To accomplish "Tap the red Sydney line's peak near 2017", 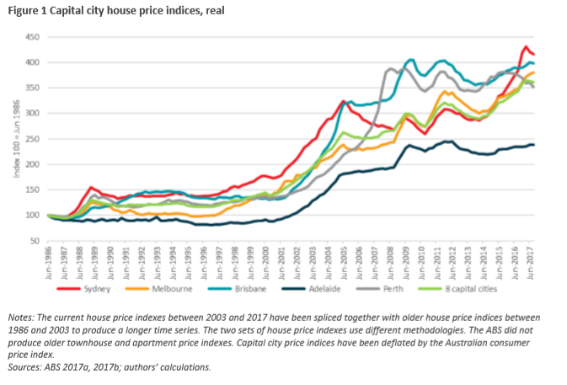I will click(527, 47).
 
